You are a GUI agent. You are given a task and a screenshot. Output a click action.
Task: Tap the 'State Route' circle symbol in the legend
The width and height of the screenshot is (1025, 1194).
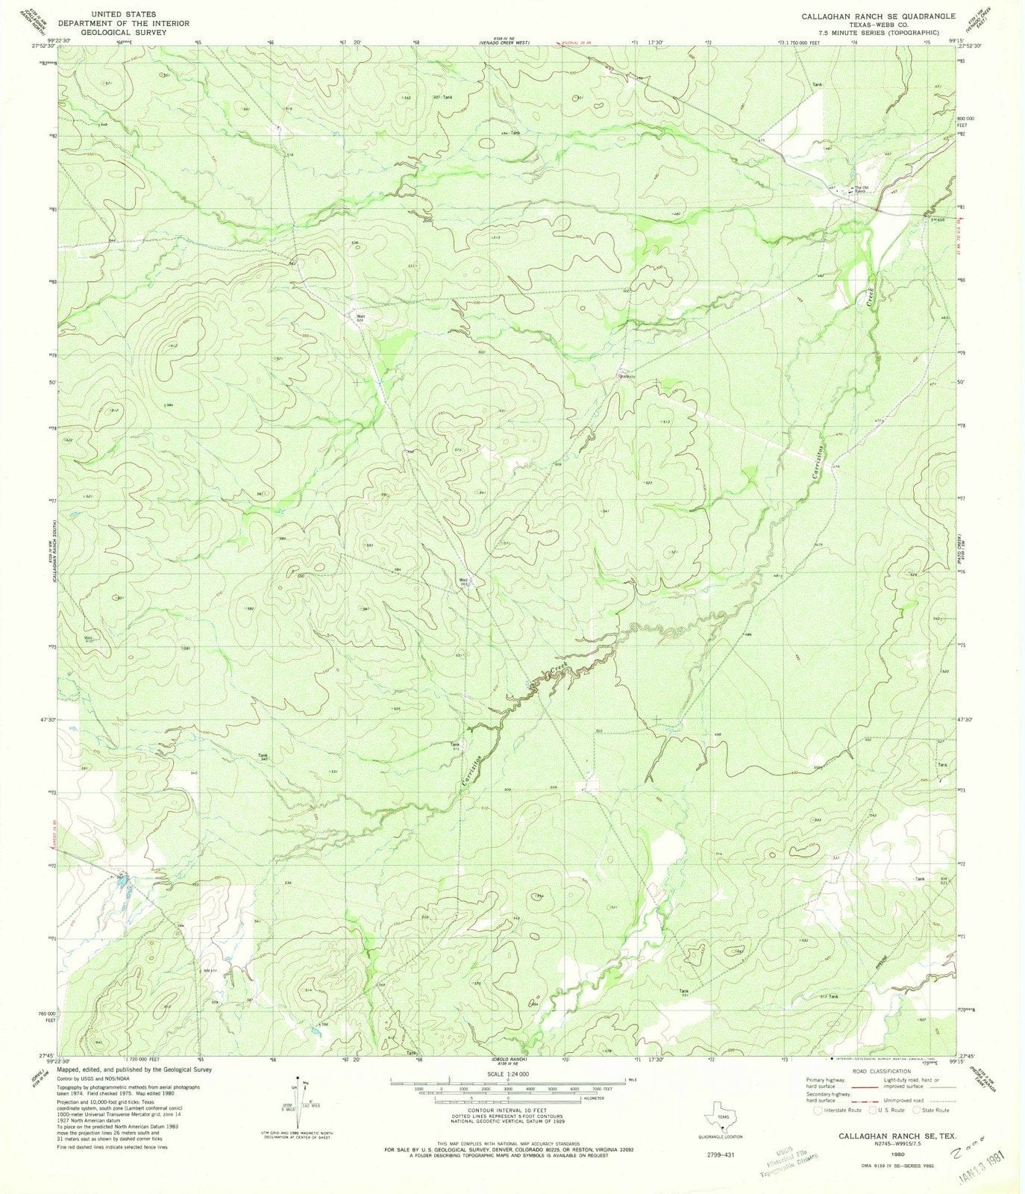[918, 1131]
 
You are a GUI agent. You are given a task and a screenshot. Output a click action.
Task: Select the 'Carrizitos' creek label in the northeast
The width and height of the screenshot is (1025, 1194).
[820, 455]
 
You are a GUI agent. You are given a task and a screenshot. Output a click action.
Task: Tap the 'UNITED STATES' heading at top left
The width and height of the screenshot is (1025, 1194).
[124, 14]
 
